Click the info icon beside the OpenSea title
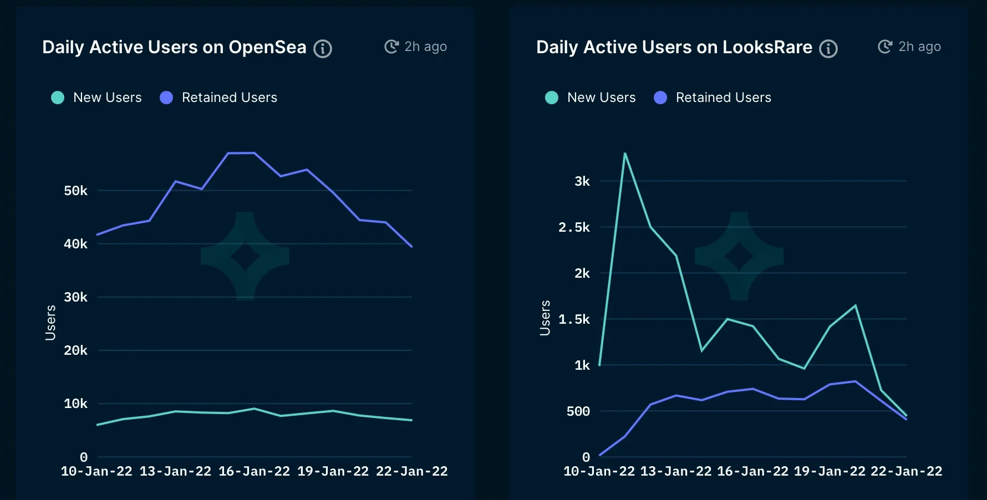[323, 49]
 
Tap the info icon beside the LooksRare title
[828, 49]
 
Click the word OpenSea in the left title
[267, 48]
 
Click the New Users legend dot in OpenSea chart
[58, 98]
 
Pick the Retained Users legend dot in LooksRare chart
[660, 98]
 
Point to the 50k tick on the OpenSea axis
[75, 191]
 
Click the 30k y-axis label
[75, 297]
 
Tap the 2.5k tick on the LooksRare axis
[574, 227]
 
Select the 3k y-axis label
[582, 181]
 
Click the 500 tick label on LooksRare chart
[578, 411]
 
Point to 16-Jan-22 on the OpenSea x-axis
[255, 471]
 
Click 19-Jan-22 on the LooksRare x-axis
[830, 471]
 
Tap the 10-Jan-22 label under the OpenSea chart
[96, 471]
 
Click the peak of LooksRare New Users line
[625, 154]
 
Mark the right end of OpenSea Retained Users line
[411, 247]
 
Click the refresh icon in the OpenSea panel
[391, 47]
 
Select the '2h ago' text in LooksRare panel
[919, 47]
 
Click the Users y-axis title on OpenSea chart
[50, 323]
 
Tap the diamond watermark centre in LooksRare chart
[739, 256]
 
